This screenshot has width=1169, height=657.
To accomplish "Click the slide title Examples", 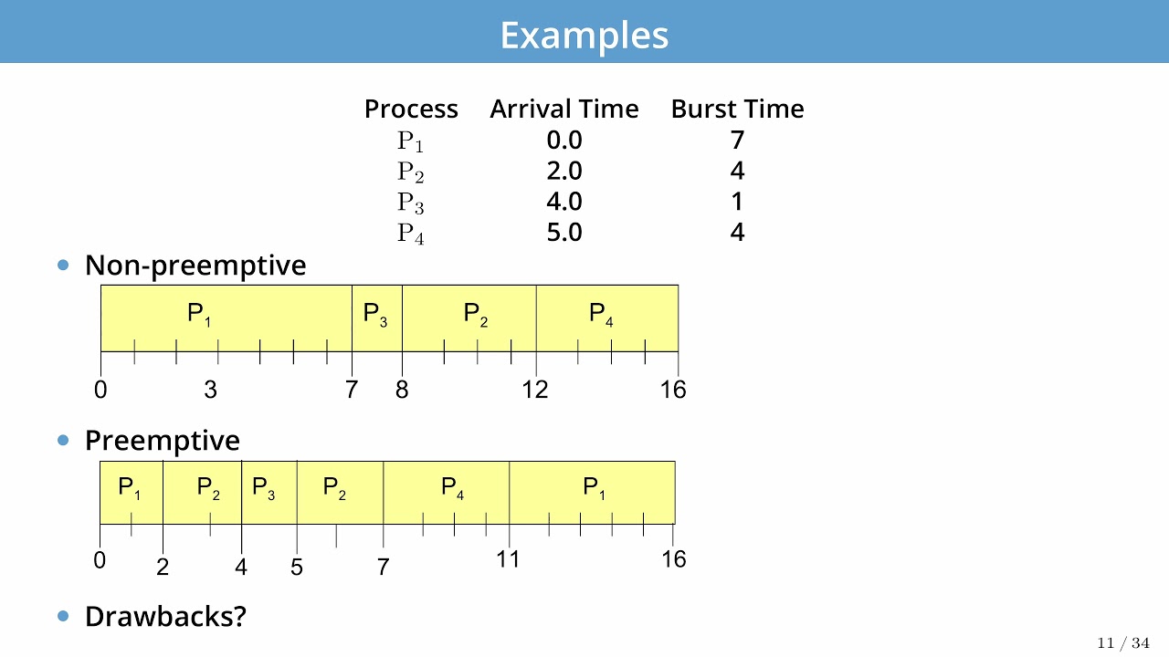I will [x=584, y=36].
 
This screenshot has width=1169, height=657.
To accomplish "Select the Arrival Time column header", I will [x=563, y=109].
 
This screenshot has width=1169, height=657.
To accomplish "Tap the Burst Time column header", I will [x=737, y=109].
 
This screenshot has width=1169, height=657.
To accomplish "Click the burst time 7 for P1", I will [x=737, y=140].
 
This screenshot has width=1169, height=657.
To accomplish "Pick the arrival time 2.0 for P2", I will [x=563, y=171].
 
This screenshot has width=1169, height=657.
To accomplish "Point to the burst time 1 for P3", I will [x=737, y=202].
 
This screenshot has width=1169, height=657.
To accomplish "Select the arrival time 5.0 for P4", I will [x=563, y=233].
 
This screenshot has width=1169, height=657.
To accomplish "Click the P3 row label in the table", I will [x=410, y=203].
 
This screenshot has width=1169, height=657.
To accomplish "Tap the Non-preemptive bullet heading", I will [x=195, y=266].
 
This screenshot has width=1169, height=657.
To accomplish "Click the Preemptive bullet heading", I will [x=162, y=441].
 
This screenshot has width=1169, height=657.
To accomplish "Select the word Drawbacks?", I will [x=165, y=616].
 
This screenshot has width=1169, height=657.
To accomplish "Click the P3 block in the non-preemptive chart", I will [x=375, y=316].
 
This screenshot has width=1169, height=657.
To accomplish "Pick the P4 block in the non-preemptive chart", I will [x=601, y=316].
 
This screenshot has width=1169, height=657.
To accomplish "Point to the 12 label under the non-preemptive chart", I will [x=535, y=390].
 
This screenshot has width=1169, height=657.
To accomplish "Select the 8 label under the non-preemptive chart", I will [x=402, y=390].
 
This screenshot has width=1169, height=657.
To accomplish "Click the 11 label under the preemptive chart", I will [x=508, y=559].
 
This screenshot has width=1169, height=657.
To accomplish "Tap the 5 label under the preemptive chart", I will [x=297, y=568].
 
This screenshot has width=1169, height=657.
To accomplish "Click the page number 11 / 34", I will [x=1122, y=643].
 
